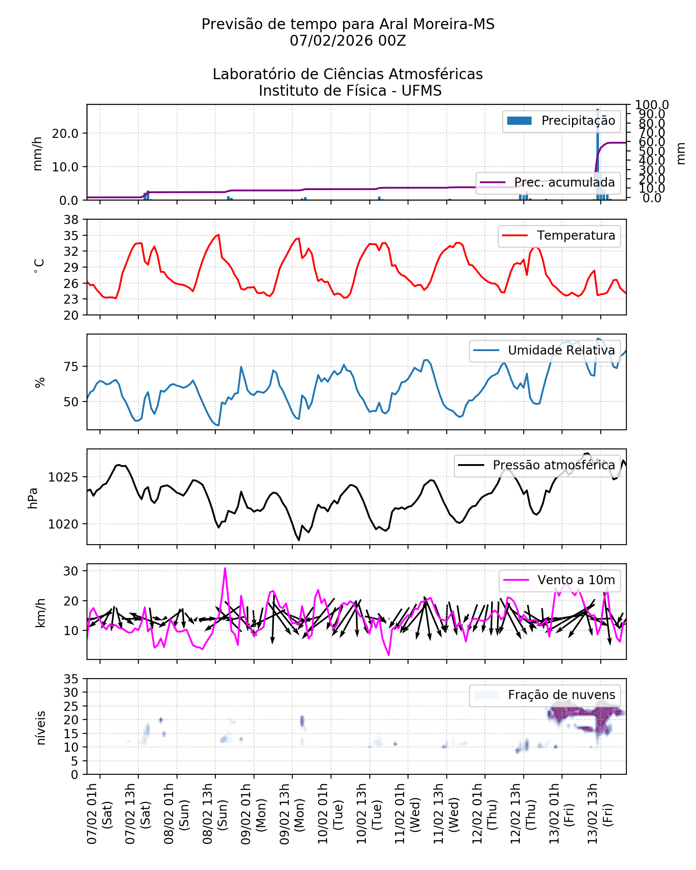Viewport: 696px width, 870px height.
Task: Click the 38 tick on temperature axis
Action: coord(71,220)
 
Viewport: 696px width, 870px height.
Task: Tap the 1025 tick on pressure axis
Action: coord(64,478)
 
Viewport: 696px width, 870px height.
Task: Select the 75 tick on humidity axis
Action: coord(71,367)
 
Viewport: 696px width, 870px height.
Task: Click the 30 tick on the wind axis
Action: coord(71,571)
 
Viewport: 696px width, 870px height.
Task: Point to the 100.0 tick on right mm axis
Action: coord(652,105)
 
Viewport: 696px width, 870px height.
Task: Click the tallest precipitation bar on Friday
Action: coord(598,152)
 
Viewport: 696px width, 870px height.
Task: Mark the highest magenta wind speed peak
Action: coord(225,568)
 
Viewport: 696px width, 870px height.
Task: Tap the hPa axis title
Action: coord(33,498)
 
